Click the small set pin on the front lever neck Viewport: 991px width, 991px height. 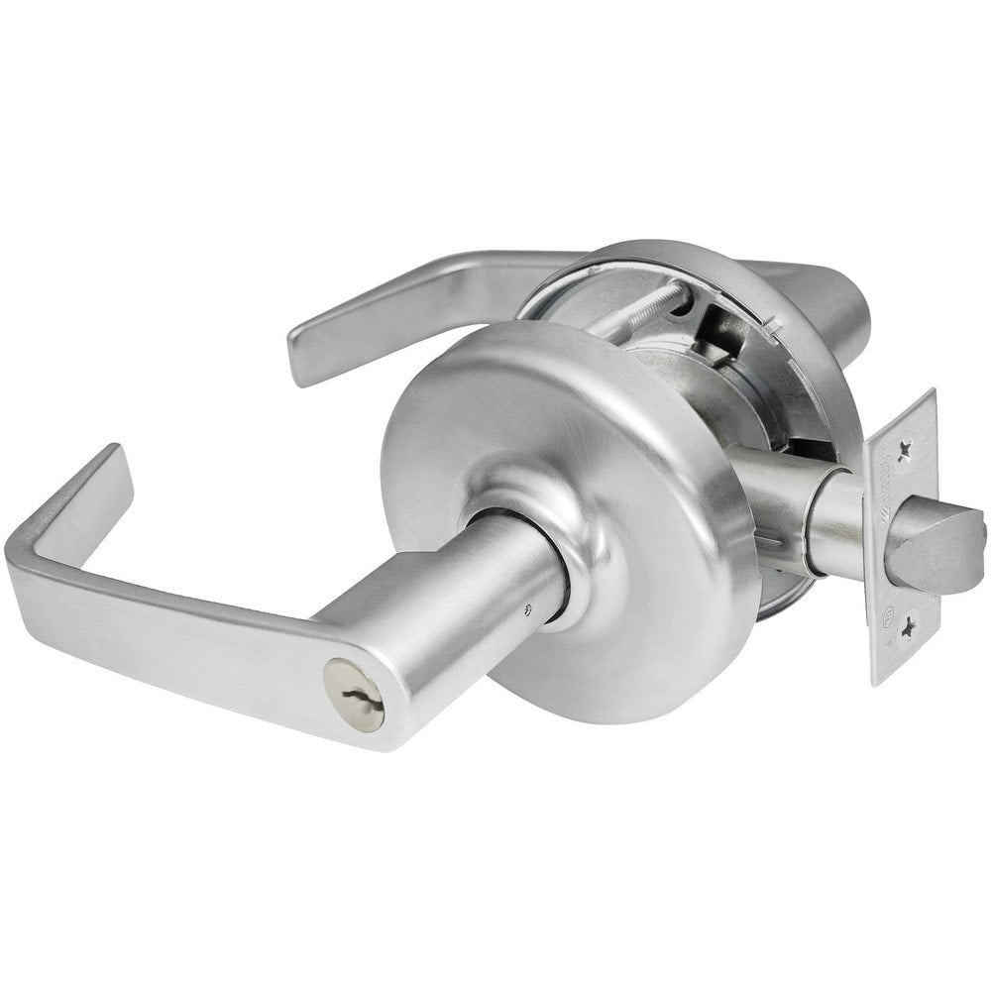point(534,607)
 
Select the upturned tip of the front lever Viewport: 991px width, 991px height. point(104,476)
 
